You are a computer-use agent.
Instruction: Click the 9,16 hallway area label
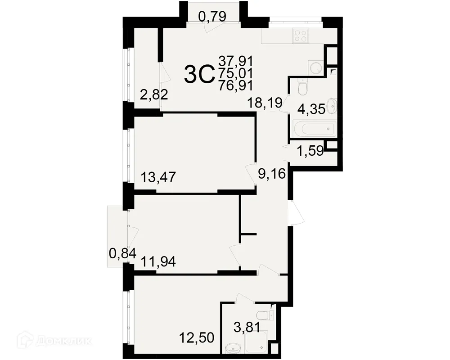(271, 173)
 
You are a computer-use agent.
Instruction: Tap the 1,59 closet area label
(310, 151)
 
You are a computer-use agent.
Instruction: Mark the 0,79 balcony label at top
(212, 17)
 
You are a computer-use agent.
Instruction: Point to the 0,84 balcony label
(122, 254)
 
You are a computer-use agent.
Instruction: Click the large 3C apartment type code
(198, 75)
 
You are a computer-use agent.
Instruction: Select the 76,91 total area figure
(236, 85)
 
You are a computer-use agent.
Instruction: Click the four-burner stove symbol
(300, 35)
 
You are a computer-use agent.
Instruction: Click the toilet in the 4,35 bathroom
(303, 87)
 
